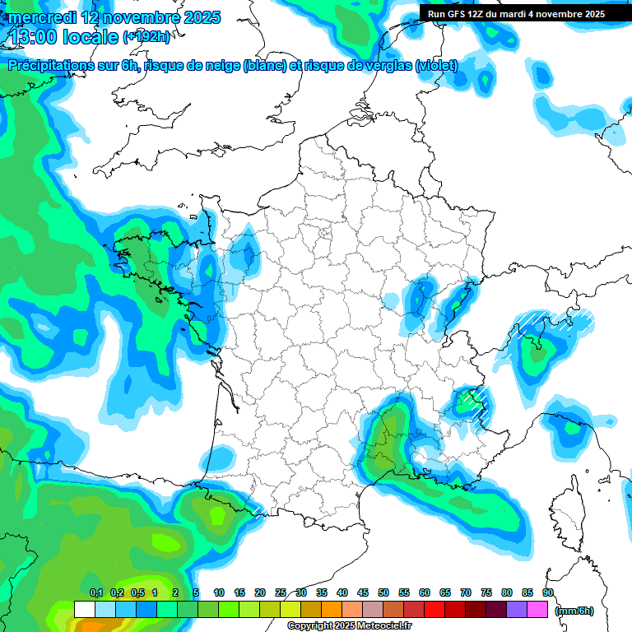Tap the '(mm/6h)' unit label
(x=574, y=611)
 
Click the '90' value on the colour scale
(x=548, y=593)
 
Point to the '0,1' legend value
(x=95, y=593)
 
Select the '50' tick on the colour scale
(x=383, y=593)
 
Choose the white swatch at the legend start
(x=84, y=610)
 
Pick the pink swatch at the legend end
(x=537, y=610)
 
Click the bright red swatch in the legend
(x=434, y=610)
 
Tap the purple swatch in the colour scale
(x=517, y=610)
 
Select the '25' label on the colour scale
(x=281, y=593)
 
